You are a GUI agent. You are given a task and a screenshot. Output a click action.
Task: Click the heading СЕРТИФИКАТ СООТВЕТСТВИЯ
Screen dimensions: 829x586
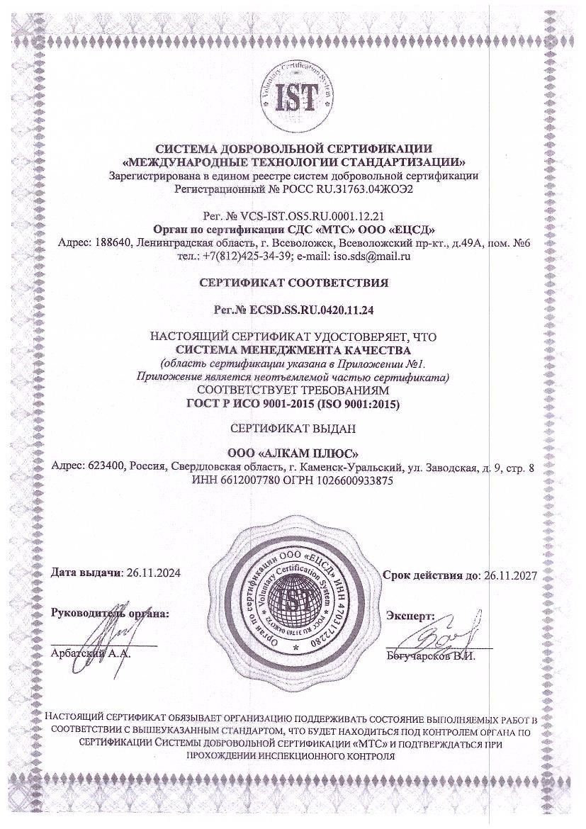pos(293,283)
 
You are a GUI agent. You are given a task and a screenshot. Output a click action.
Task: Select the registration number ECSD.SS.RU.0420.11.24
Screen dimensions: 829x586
pos(313,310)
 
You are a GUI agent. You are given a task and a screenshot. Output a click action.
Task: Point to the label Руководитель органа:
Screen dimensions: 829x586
pos(110,613)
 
